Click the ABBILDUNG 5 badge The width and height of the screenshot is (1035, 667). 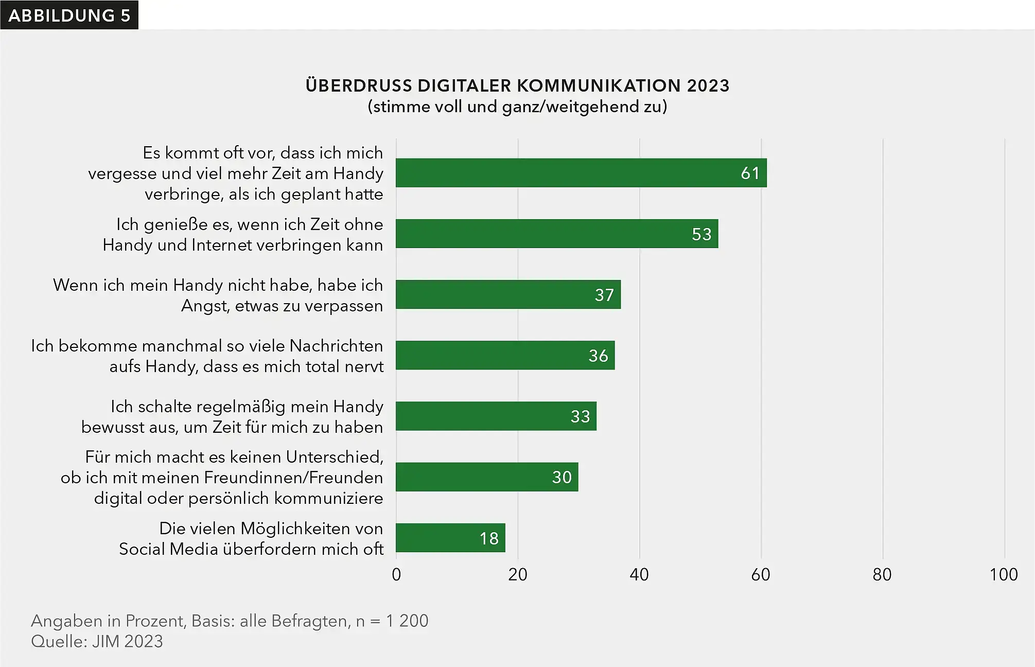point(69,15)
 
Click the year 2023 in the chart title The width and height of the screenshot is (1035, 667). point(708,85)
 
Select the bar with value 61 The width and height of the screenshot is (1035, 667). point(581,173)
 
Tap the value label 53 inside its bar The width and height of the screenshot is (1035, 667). point(701,234)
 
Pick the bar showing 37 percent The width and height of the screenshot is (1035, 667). point(507,294)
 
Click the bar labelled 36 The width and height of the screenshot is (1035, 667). point(504,355)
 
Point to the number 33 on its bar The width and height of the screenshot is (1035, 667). point(580,416)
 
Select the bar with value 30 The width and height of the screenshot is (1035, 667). point(486,477)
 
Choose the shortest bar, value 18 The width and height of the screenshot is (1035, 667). point(450,538)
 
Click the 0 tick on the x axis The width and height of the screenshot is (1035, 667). point(396,574)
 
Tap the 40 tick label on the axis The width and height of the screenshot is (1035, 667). point(639,574)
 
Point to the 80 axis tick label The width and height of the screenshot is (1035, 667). point(882,574)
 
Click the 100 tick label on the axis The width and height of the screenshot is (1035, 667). point(1003,574)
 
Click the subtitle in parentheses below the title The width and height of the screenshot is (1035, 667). point(517,107)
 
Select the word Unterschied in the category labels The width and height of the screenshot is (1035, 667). point(334,457)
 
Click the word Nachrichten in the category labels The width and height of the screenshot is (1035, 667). point(336,346)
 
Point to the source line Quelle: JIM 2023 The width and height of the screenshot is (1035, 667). point(97,641)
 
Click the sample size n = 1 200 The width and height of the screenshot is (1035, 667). point(392,621)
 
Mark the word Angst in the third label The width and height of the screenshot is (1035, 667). point(205,306)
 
